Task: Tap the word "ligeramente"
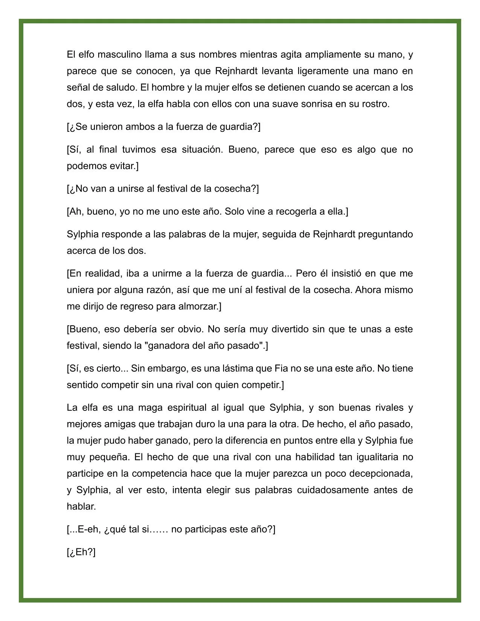pyautogui.click(x=320, y=71)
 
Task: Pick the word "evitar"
pyautogui.click(x=123, y=166)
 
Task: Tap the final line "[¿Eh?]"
pyautogui.click(x=81, y=552)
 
